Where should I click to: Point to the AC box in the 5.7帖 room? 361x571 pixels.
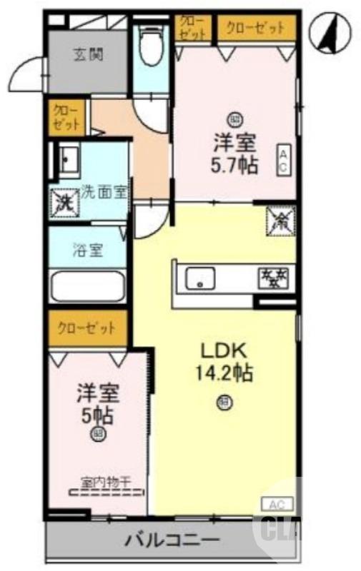283,159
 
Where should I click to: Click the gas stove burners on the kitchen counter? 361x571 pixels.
273,276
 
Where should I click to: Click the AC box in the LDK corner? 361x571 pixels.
277,504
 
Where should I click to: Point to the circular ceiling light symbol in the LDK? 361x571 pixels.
224,404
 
